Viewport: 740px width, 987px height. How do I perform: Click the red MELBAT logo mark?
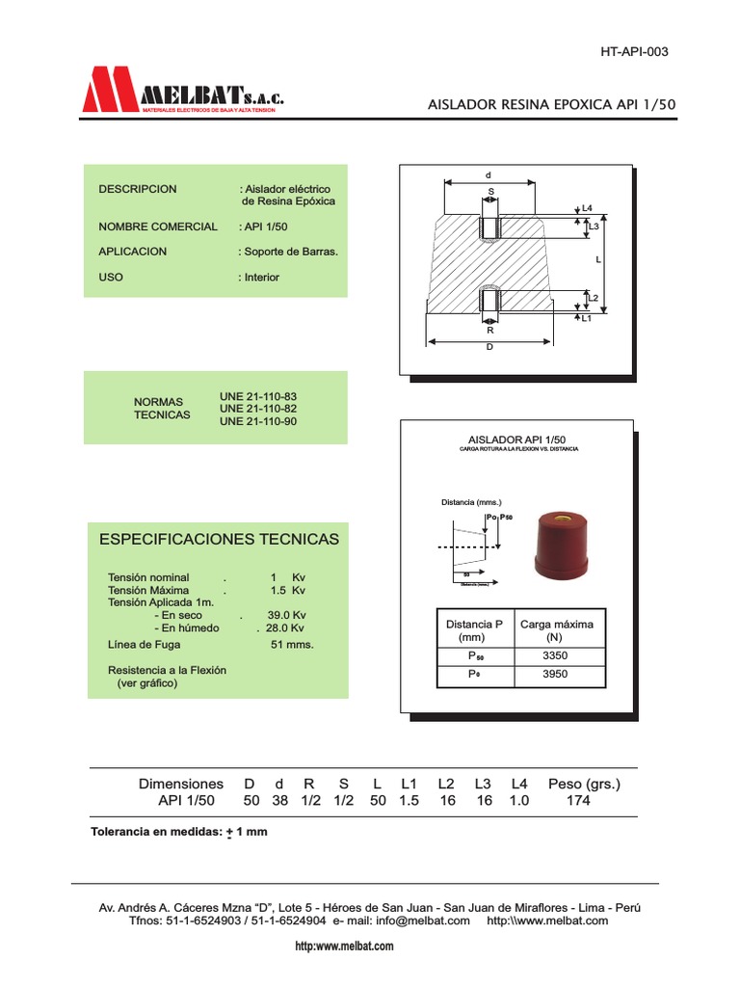[111, 90]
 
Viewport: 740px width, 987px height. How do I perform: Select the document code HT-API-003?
[634, 52]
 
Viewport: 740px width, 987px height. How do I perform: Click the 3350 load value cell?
[556, 655]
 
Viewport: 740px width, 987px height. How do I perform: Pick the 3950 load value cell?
[556, 675]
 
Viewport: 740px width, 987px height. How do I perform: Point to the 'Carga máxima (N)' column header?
[556, 630]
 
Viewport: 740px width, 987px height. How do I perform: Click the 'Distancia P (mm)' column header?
[474, 630]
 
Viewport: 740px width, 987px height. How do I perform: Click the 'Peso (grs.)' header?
[584, 784]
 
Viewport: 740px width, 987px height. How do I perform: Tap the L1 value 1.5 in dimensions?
[409, 801]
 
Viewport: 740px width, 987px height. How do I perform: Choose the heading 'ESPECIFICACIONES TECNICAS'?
[220, 539]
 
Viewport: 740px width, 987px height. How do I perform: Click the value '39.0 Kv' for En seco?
[286, 615]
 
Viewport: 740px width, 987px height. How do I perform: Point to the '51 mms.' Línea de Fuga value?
[293, 644]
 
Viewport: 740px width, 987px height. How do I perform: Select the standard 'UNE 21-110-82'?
[258, 409]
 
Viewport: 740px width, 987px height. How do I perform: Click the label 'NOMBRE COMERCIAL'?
[158, 227]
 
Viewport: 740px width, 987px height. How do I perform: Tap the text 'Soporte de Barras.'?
[290, 252]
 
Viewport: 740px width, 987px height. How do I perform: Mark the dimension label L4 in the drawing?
[588, 207]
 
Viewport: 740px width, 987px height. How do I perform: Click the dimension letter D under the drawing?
[489, 347]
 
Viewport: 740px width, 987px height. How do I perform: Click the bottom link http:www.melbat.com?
[344, 947]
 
